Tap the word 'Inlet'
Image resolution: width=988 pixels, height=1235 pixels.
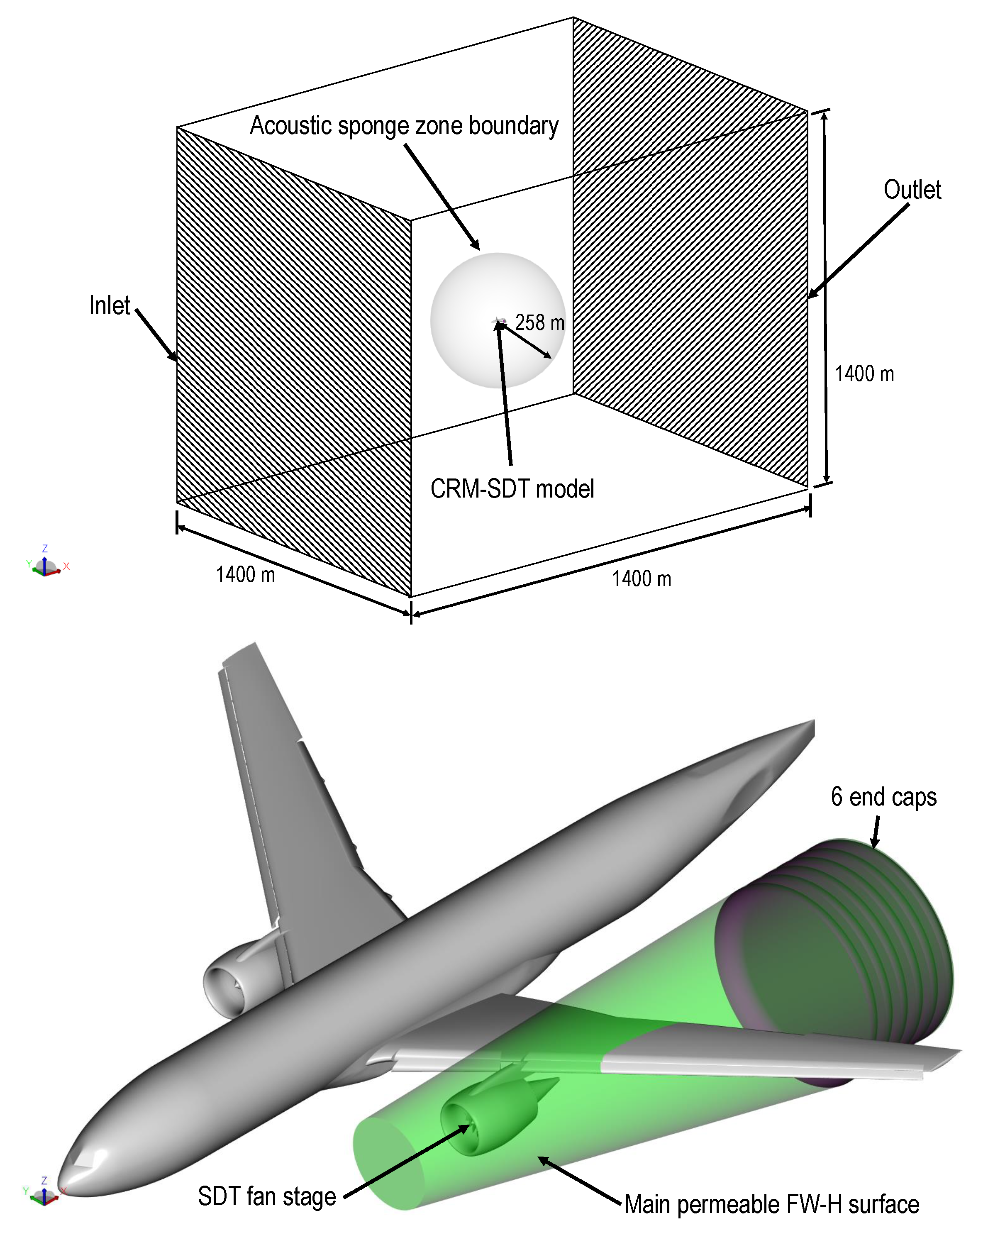(x=110, y=305)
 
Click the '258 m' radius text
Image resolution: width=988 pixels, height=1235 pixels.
(x=539, y=322)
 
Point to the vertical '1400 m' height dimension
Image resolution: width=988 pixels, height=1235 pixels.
(x=863, y=373)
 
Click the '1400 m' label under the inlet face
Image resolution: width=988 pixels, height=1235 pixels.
(x=245, y=574)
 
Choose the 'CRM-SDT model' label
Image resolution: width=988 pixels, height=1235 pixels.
(x=512, y=488)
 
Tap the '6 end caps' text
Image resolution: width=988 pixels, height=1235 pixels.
(x=883, y=797)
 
